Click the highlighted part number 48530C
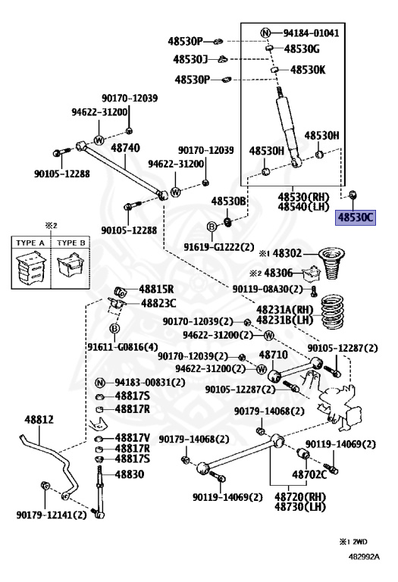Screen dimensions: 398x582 (356, 217)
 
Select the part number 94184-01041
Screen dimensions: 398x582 (311, 33)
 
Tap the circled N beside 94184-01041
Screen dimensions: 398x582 (265, 33)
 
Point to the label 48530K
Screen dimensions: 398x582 (308, 70)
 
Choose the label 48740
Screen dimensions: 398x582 (126, 148)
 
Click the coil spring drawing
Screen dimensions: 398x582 (334, 312)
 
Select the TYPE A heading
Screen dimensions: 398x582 (30, 242)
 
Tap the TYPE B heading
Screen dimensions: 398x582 (71, 242)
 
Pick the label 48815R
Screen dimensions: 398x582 (156, 289)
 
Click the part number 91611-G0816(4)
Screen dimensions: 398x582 (123, 346)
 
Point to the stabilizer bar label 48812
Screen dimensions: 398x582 (39, 420)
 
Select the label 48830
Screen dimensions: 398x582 (129, 474)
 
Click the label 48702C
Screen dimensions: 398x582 (309, 474)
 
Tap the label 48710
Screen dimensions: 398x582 (273, 355)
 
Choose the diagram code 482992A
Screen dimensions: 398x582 (364, 556)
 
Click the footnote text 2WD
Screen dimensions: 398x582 (359, 542)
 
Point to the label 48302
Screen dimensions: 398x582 (287, 254)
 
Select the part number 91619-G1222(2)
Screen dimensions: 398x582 (219, 247)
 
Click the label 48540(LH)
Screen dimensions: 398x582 (303, 207)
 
